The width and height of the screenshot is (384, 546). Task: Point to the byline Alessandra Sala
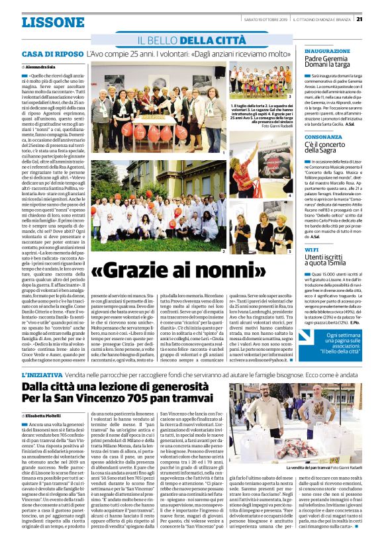tap(40, 68)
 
